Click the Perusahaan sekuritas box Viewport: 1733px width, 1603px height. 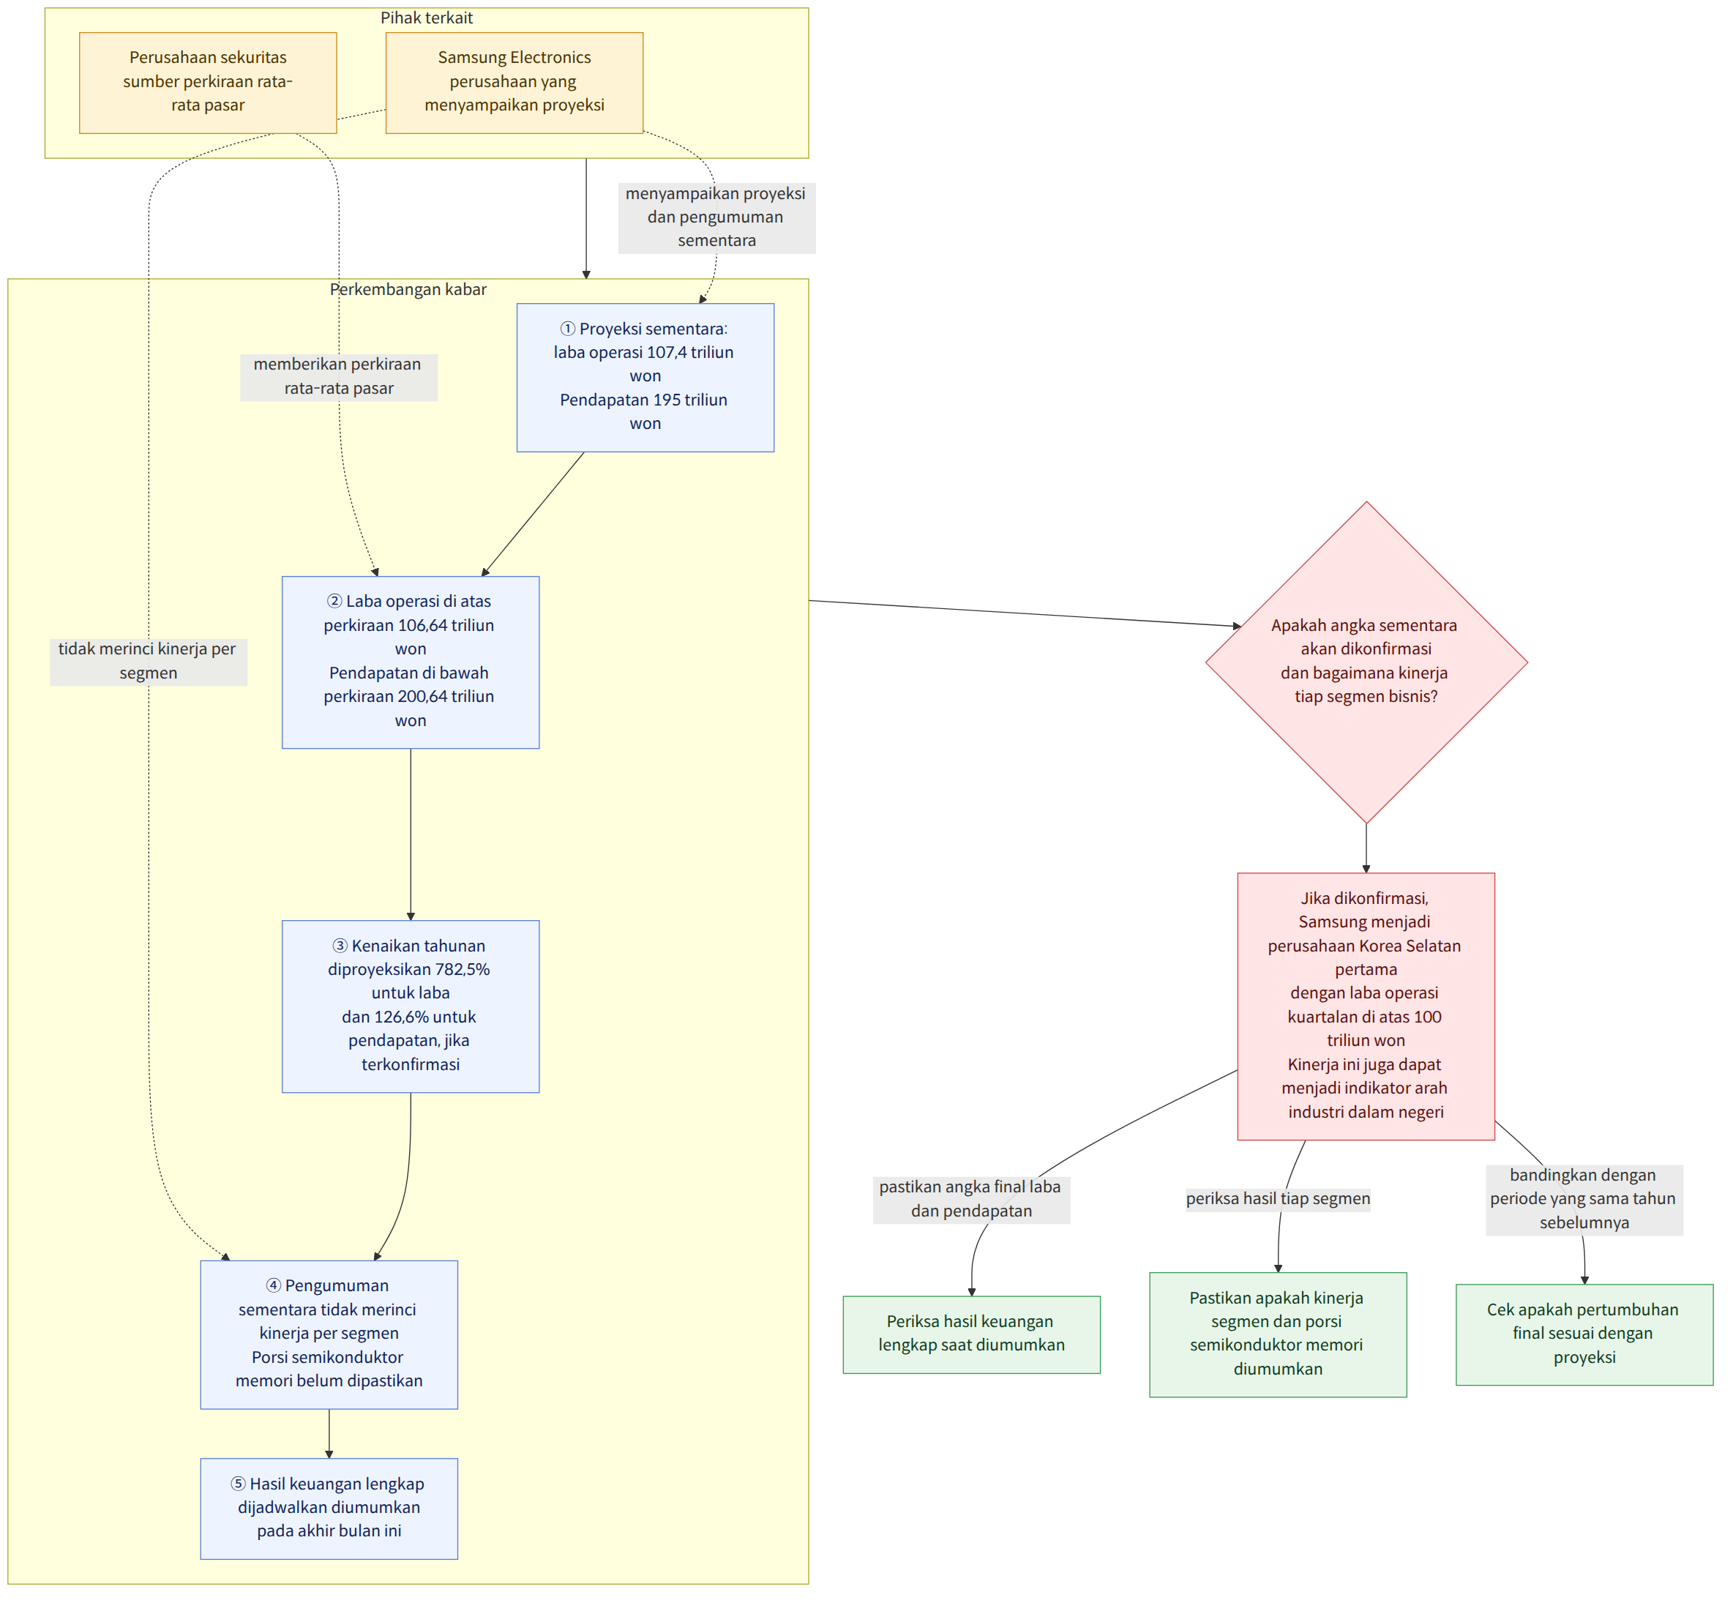point(208,83)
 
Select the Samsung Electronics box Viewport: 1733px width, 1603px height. point(514,83)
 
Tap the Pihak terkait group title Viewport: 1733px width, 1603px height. point(427,18)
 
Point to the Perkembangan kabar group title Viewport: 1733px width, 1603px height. point(408,290)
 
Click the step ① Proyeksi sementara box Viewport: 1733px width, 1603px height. point(645,378)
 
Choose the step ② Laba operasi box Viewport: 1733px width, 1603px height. point(411,662)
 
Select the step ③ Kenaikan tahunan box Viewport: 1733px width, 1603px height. point(411,1006)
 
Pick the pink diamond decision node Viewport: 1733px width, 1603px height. point(1366,662)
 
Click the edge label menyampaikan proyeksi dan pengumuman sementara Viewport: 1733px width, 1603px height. point(716,217)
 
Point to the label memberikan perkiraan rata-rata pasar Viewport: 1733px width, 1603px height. point(338,376)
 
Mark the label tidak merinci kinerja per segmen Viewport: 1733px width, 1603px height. point(149,662)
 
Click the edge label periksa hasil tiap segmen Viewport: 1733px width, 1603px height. point(1278,1199)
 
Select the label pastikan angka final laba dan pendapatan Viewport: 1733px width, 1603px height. point(971,1199)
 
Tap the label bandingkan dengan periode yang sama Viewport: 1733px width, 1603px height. point(1584,1199)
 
